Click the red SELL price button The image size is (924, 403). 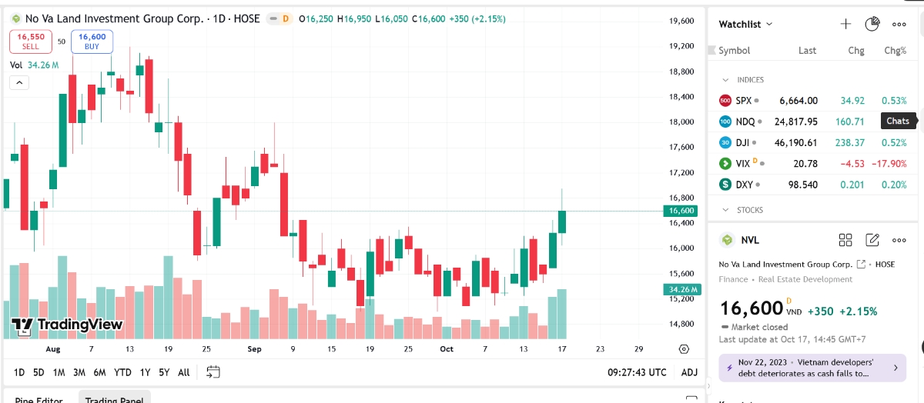click(31, 41)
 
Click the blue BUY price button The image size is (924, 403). click(92, 41)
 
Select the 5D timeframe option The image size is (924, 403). click(38, 372)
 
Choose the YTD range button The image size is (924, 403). click(122, 372)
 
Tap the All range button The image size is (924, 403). click(183, 372)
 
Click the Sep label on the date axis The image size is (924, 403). click(255, 349)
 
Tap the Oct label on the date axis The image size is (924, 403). click(447, 349)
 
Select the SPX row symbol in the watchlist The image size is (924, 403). click(743, 101)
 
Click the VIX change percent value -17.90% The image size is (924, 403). click(889, 164)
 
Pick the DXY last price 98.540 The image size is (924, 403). click(802, 185)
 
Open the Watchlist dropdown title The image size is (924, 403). click(745, 25)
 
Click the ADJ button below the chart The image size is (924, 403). click(689, 372)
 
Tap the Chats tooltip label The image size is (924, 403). click(898, 121)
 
